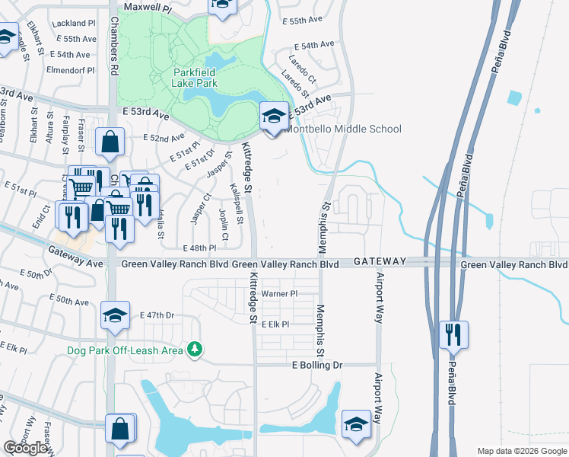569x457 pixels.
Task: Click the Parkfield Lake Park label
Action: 195,78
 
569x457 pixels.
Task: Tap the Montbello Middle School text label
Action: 342,129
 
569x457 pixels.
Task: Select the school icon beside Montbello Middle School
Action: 275,116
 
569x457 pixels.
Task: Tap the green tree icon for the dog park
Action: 196,349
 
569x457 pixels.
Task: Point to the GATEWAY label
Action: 380,261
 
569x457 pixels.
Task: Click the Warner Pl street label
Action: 278,293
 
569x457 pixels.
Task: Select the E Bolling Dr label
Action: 318,366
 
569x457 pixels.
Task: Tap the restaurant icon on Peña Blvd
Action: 453,334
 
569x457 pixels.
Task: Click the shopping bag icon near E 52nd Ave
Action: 110,141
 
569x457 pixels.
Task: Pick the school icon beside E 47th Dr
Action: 115,315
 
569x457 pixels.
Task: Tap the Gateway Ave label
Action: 75,257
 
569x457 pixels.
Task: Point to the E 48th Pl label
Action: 200,248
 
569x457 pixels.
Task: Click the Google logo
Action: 26,448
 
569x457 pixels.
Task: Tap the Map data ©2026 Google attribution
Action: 522,451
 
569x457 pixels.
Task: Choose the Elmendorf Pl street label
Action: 70,69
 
